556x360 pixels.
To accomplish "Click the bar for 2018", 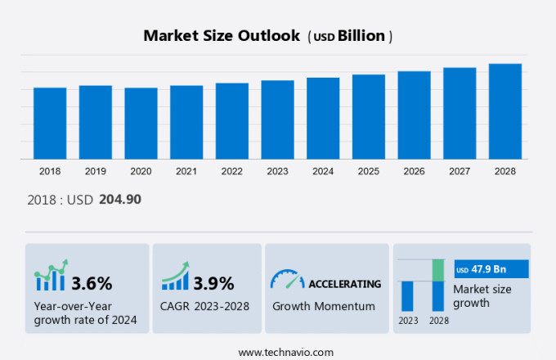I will pos(50,123).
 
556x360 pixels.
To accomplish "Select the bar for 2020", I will pos(141,123).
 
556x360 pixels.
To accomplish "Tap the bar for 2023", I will pos(277,119).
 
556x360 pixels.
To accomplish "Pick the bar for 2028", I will pos(505,111).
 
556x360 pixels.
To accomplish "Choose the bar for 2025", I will pos(369,116).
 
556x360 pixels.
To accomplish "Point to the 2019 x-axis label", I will pos(96,171).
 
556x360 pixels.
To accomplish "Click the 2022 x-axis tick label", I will pos(232,171).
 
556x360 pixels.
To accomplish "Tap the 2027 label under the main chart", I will pos(460,171).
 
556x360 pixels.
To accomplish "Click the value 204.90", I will pos(120,199).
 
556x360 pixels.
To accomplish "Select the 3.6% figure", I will pos(92,284).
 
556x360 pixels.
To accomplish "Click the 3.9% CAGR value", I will pos(213,284).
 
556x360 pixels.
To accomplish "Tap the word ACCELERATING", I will pos(344,284).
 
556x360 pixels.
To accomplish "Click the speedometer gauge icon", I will pos(286,281).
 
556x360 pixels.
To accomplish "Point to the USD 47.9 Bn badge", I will pos(491,269).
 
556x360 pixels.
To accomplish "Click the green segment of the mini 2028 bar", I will pos(437,270).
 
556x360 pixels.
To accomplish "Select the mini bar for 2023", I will pos(407,295).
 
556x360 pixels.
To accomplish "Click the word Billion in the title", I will pos(365,36).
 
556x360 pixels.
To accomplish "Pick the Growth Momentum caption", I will pos(323,306).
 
